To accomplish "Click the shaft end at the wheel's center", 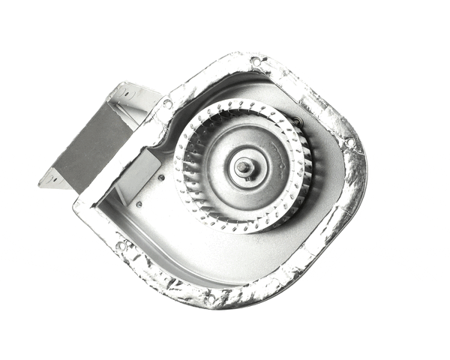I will point(243,167).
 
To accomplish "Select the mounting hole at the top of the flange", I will point(256,61).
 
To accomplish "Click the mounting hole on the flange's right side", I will point(349,141).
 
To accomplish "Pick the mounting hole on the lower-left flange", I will point(120,244).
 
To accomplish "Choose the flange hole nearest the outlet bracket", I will point(167,103).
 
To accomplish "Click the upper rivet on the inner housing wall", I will point(160,178).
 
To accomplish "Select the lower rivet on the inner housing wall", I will point(139,202).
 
